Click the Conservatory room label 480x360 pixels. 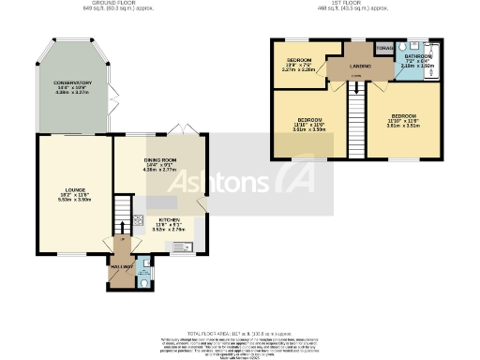71,86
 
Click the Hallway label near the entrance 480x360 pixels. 121,267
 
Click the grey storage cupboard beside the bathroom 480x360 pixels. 382,48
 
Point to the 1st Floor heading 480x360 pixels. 352,5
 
